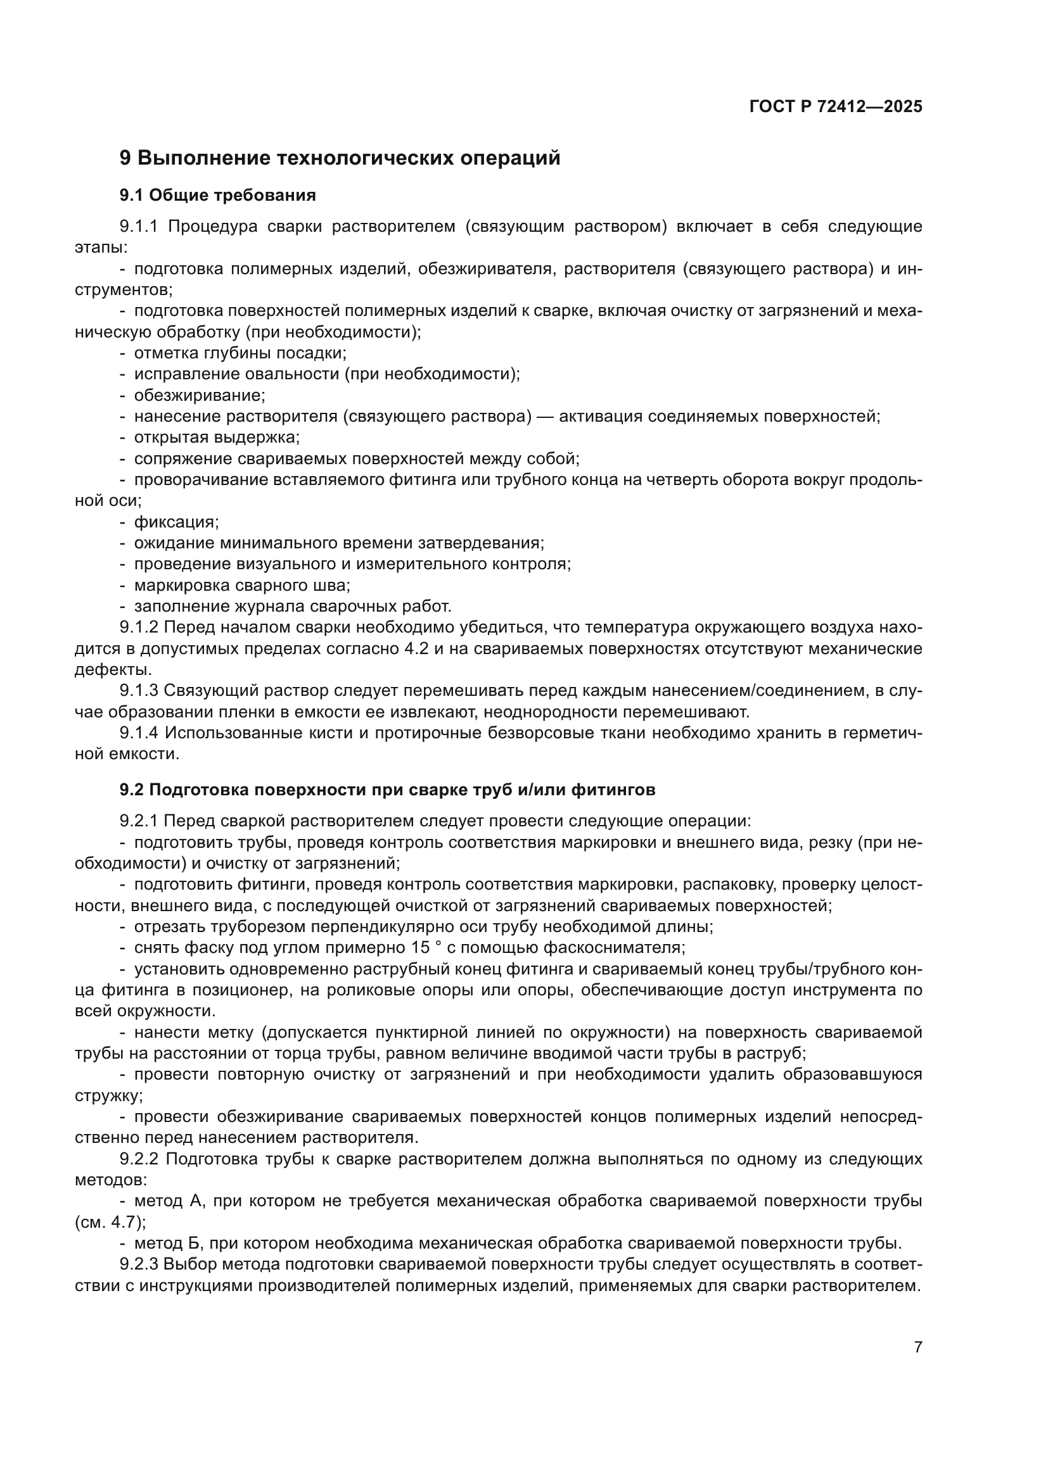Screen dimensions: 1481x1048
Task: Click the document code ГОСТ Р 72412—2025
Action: pyautogui.click(x=836, y=106)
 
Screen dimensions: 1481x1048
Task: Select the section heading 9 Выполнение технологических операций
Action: pyautogui.click(x=340, y=158)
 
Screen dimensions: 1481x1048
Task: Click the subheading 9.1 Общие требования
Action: pyautogui.click(x=217, y=196)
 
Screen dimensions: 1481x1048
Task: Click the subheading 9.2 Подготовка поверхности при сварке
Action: pyautogui.click(x=387, y=790)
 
